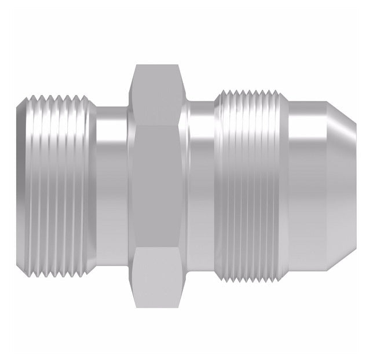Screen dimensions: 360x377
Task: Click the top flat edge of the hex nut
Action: (x=155, y=65)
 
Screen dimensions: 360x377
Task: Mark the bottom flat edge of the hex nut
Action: (x=155, y=306)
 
